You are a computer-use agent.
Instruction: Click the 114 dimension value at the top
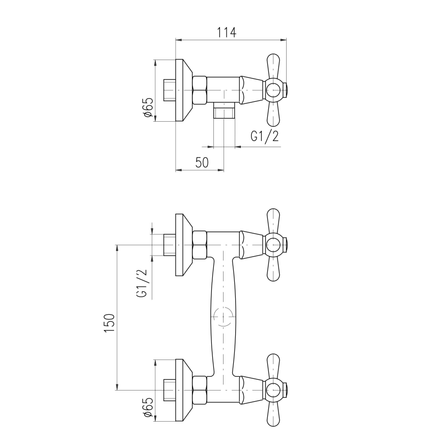pos(227,33)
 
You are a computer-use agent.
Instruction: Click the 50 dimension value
pos(202,162)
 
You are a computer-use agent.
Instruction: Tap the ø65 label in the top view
pos(148,108)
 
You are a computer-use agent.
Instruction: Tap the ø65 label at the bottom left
pos(148,408)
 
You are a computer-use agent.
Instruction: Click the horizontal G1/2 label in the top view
pos(264,136)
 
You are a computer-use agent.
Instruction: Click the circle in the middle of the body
pos(223,317)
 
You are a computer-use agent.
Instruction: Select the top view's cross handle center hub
pos(274,90)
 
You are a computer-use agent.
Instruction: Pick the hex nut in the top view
pos(200,90)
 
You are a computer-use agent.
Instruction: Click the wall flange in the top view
pos(183,90)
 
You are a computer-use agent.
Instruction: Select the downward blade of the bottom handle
pos(273,415)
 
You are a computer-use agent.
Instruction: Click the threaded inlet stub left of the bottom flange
pos(169,391)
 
